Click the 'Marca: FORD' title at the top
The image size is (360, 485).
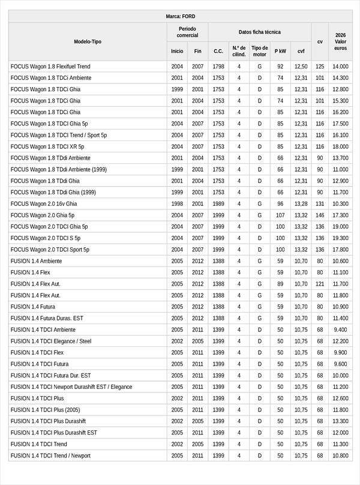point(180,16)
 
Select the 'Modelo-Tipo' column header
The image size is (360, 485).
point(88,41)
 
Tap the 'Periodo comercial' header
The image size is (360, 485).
point(187,32)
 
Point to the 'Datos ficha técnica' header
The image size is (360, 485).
point(259,32)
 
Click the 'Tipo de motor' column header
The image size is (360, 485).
point(260,51)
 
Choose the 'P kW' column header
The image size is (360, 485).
point(280,52)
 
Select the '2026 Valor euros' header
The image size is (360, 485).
point(340,41)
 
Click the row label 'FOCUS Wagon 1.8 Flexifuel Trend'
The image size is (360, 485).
point(50,67)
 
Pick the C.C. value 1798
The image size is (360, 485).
point(218,67)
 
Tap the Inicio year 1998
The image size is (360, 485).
point(177,204)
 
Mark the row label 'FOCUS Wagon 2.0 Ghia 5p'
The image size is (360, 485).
point(43,215)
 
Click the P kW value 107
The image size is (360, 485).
point(280,215)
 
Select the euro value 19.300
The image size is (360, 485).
point(340,238)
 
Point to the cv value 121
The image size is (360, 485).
point(320,284)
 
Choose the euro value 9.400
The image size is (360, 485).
point(340,330)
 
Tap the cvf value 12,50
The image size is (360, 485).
point(301,67)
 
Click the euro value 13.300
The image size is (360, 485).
point(340,421)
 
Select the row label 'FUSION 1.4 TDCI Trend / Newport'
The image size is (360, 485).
point(50,456)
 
